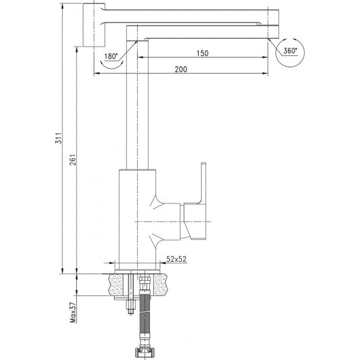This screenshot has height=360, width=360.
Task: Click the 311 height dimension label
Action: click(x=59, y=138)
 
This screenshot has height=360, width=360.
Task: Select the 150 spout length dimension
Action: click(x=202, y=53)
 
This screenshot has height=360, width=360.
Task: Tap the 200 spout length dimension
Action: click(x=182, y=70)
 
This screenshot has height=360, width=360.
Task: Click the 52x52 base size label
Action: click(x=176, y=259)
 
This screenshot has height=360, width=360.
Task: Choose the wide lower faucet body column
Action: click(x=135, y=216)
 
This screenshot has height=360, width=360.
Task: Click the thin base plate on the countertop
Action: click(x=138, y=269)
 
